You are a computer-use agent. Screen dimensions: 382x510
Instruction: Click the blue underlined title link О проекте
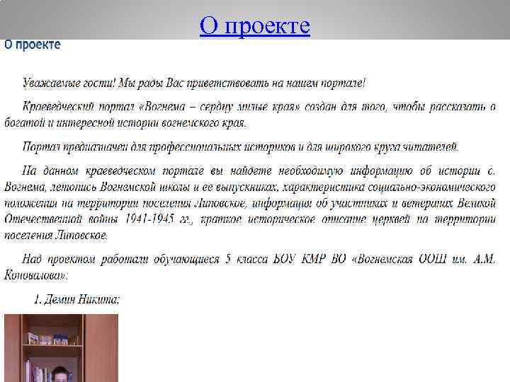tap(255, 25)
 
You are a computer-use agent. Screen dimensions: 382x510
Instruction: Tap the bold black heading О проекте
tap(33, 45)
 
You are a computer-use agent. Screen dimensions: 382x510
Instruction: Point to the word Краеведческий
tap(59, 107)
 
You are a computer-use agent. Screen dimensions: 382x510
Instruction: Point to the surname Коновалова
tap(34, 274)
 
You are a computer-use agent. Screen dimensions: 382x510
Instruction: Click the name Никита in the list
tap(99, 300)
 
